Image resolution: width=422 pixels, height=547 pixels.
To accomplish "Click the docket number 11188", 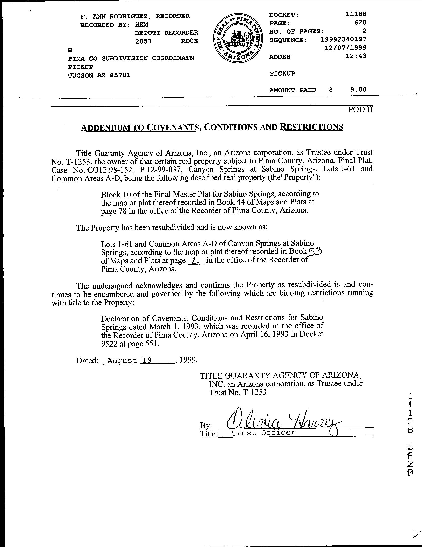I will (x=356, y=14).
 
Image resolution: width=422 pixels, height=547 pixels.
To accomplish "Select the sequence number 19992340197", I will (x=343, y=39).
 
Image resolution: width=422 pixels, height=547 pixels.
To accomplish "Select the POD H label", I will (x=361, y=110).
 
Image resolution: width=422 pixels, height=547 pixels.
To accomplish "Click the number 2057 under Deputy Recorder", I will (x=143, y=41).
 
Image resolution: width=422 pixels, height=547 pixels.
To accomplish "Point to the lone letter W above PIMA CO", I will (x=70, y=50).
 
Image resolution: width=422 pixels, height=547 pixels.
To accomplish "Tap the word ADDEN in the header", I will (x=280, y=57).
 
